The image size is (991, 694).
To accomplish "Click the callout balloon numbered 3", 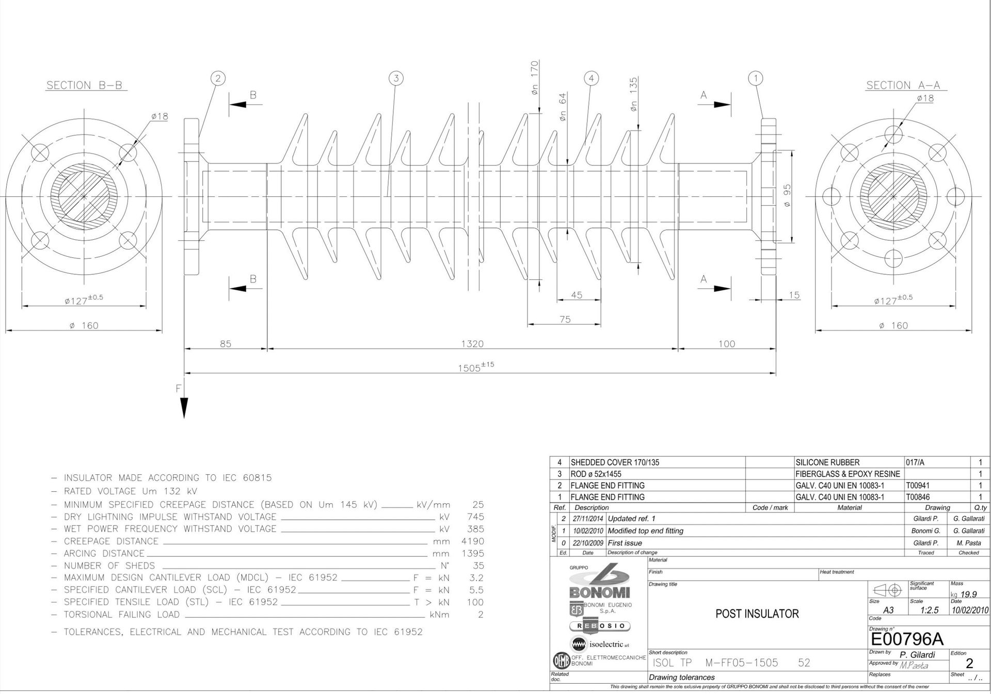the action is (396, 78).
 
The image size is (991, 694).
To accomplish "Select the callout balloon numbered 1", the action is (756, 78).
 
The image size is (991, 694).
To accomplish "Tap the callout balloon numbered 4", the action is (592, 78).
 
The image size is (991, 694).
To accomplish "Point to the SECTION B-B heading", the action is (85, 86).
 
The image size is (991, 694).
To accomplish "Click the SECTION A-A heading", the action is (904, 86).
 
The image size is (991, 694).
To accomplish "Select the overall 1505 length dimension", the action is (476, 367).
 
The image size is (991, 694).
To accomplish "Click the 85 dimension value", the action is (226, 344).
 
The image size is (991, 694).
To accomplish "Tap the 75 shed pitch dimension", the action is (565, 320).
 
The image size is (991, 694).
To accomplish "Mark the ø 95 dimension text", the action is (788, 196).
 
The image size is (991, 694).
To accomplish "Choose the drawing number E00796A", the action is (907, 639).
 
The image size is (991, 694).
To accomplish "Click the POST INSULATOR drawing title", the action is (757, 614).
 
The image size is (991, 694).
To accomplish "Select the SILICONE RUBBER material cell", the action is (827, 462).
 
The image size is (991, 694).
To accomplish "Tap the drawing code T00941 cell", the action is (918, 486).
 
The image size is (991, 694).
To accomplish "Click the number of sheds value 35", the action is (478, 566).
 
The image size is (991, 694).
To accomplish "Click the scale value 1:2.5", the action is (930, 610).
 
